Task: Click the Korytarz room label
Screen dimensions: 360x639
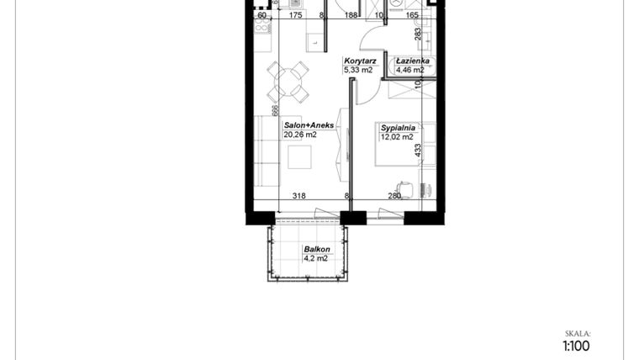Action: (x=359, y=61)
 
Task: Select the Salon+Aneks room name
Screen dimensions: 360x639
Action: (x=309, y=124)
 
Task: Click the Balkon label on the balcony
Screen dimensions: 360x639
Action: (x=316, y=250)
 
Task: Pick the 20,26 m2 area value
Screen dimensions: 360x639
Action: (x=300, y=134)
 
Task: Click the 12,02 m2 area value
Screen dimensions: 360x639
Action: (x=397, y=137)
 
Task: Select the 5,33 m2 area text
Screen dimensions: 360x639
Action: (x=357, y=71)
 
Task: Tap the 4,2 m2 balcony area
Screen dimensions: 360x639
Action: (x=316, y=259)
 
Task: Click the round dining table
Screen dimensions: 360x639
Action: (x=288, y=82)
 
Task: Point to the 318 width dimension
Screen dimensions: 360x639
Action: (x=298, y=196)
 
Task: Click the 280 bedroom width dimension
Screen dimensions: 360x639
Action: (x=393, y=196)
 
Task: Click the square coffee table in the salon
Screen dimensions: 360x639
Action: (x=299, y=157)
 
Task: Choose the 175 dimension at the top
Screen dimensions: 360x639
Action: (x=295, y=14)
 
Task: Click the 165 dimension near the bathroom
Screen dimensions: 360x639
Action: (x=412, y=14)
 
